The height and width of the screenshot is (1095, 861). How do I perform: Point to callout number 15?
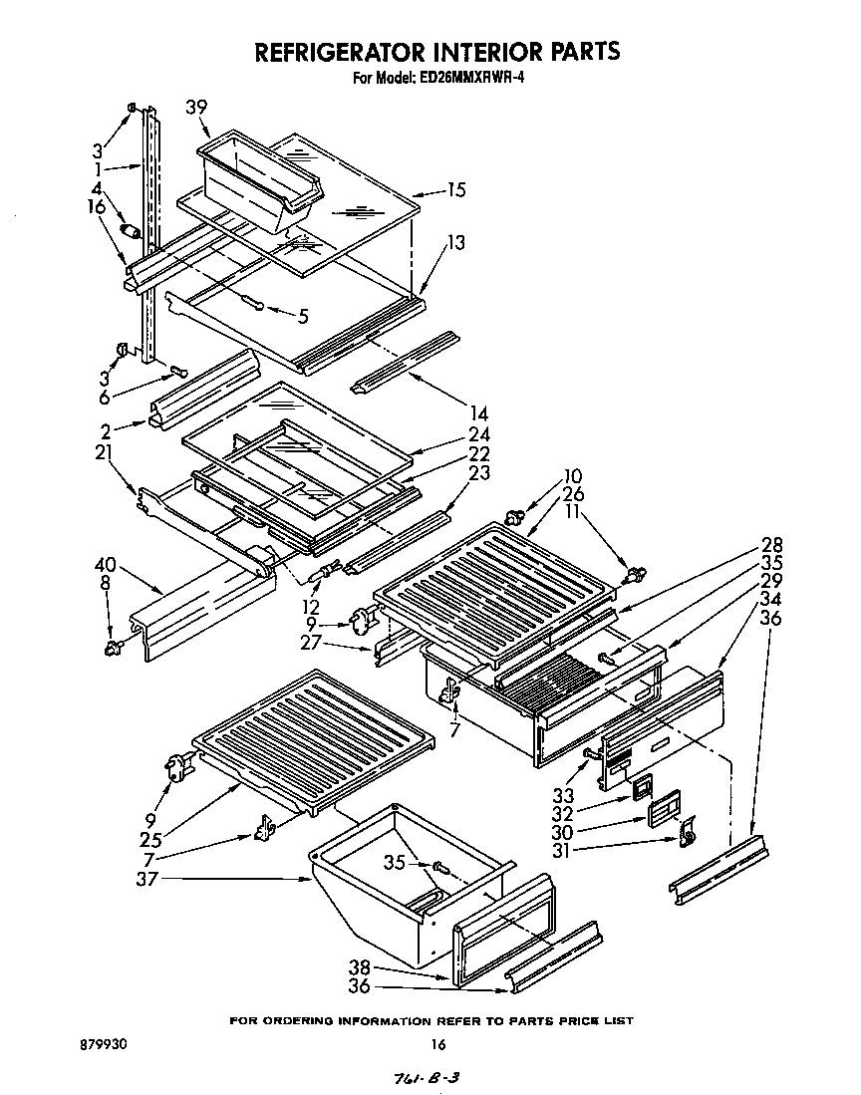(456, 189)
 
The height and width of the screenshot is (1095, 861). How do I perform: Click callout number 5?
(302, 317)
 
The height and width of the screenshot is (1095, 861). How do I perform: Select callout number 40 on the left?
(107, 566)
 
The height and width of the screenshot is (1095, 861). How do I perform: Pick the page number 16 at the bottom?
(436, 1044)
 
